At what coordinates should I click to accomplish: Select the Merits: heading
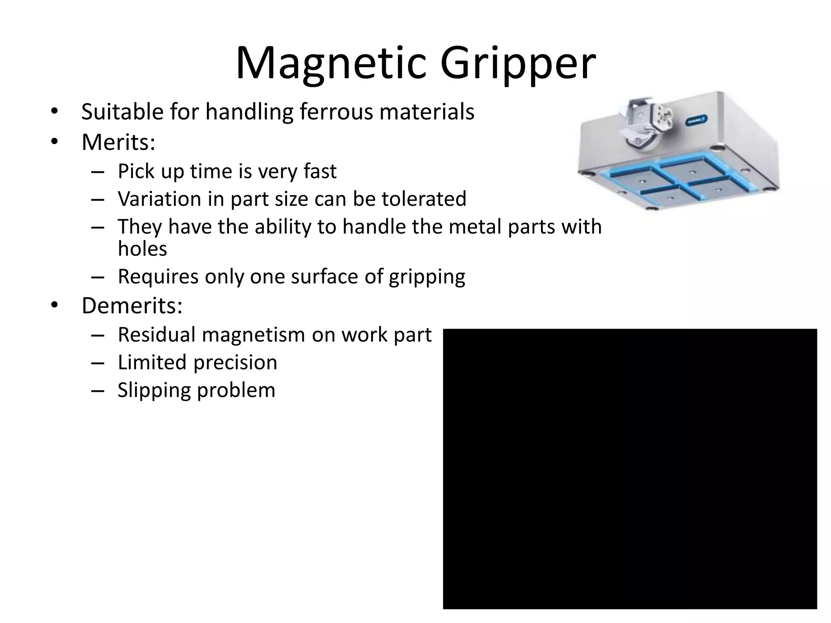click(118, 142)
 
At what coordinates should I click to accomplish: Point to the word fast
click(320, 171)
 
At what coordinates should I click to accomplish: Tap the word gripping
click(427, 277)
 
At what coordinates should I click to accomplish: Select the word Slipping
click(154, 391)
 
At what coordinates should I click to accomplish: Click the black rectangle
click(629, 468)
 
